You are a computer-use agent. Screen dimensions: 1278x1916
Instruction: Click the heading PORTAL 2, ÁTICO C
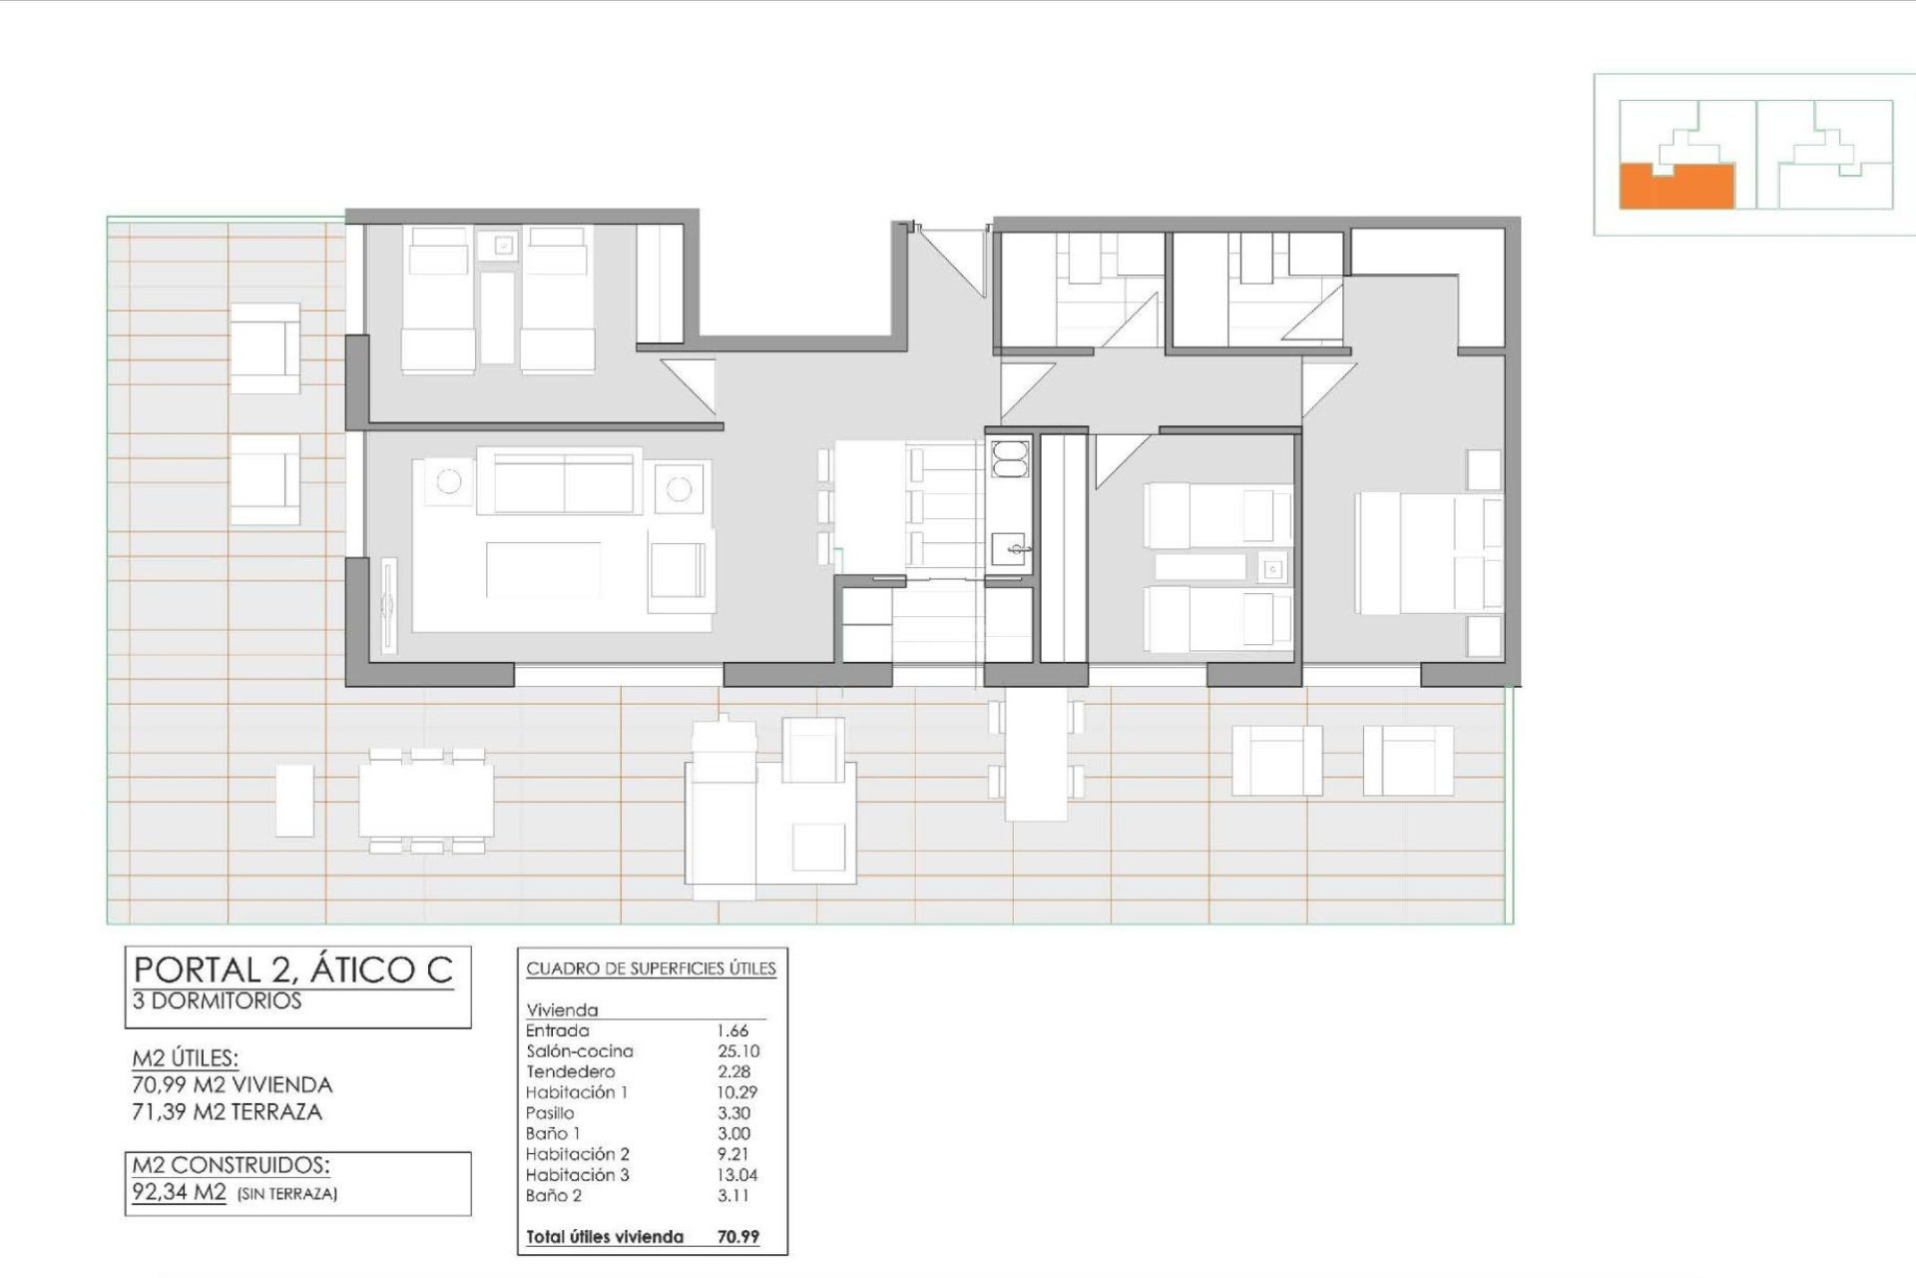click(x=293, y=969)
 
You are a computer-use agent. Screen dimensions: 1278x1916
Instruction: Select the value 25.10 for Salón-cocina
click(x=737, y=1051)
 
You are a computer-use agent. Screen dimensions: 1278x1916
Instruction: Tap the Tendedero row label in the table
click(x=570, y=1072)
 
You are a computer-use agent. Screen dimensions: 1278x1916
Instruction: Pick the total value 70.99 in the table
click(x=737, y=1237)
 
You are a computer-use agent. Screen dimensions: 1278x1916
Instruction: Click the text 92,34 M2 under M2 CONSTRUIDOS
click(x=180, y=1192)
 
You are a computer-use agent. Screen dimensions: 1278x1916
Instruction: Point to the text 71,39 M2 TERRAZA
click(x=227, y=1112)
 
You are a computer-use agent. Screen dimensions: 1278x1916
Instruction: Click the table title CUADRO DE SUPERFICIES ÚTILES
click(x=651, y=968)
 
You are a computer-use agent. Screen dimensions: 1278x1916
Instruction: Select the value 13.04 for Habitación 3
click(x=736, y=1175)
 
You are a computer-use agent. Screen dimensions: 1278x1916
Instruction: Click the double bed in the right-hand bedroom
click(x=1427, y=553)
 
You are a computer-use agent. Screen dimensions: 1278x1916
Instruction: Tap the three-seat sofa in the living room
click(x=564, y=481)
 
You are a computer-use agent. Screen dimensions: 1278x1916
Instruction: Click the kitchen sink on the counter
click(x=1009, y=547)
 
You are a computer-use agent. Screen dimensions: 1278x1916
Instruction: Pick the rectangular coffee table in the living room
click(x=543, y=570)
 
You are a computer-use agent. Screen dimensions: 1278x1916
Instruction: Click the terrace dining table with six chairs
click(x=426, y=800)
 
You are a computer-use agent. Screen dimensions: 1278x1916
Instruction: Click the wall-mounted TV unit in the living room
click(x=388, y=605)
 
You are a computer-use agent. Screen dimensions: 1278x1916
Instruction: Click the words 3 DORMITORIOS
click(x=217, y=1001)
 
